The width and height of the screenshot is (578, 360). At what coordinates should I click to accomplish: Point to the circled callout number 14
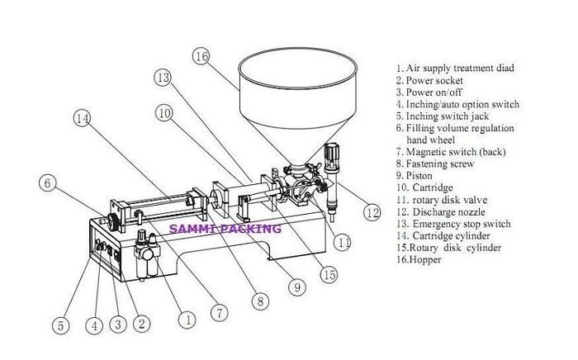(82, 117)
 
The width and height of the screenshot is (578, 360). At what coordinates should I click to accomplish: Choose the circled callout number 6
(49, 182)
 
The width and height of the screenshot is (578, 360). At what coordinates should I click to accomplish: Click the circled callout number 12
(373, 212)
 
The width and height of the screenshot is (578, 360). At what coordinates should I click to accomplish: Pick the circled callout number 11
(343, 242)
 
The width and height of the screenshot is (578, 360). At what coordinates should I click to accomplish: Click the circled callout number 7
(219, 314)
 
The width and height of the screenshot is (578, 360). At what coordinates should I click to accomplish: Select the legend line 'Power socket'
(433, 81)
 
